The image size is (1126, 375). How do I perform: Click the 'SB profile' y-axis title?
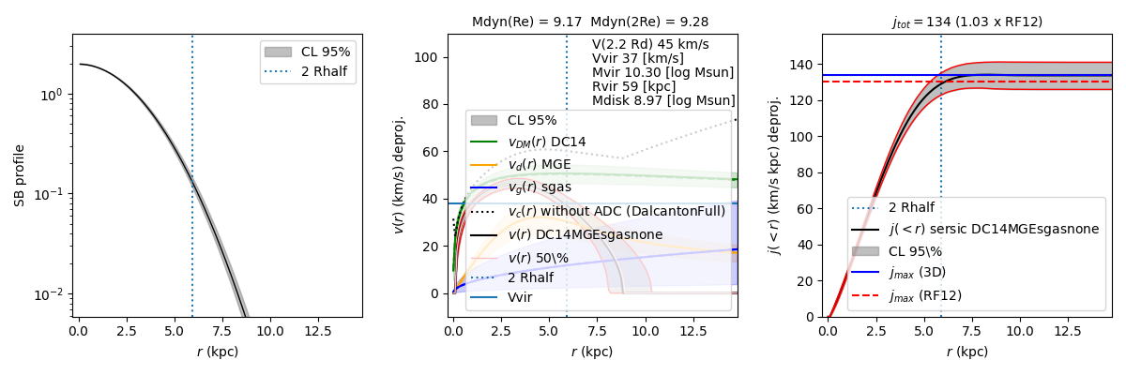[20, 175]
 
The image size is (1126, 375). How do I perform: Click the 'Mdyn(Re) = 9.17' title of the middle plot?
[526, 22]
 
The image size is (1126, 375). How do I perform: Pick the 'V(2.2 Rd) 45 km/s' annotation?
[650, 44]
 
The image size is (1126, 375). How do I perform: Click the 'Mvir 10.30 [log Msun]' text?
[662, 72]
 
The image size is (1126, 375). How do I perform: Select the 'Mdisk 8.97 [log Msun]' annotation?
[663, 100]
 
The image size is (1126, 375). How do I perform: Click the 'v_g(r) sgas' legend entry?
[540, 187]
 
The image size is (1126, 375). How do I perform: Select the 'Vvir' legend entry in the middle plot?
[521, 297]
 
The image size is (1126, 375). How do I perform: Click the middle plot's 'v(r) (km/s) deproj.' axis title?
[399, 175]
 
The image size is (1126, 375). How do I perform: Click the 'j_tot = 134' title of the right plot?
[966, 22]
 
